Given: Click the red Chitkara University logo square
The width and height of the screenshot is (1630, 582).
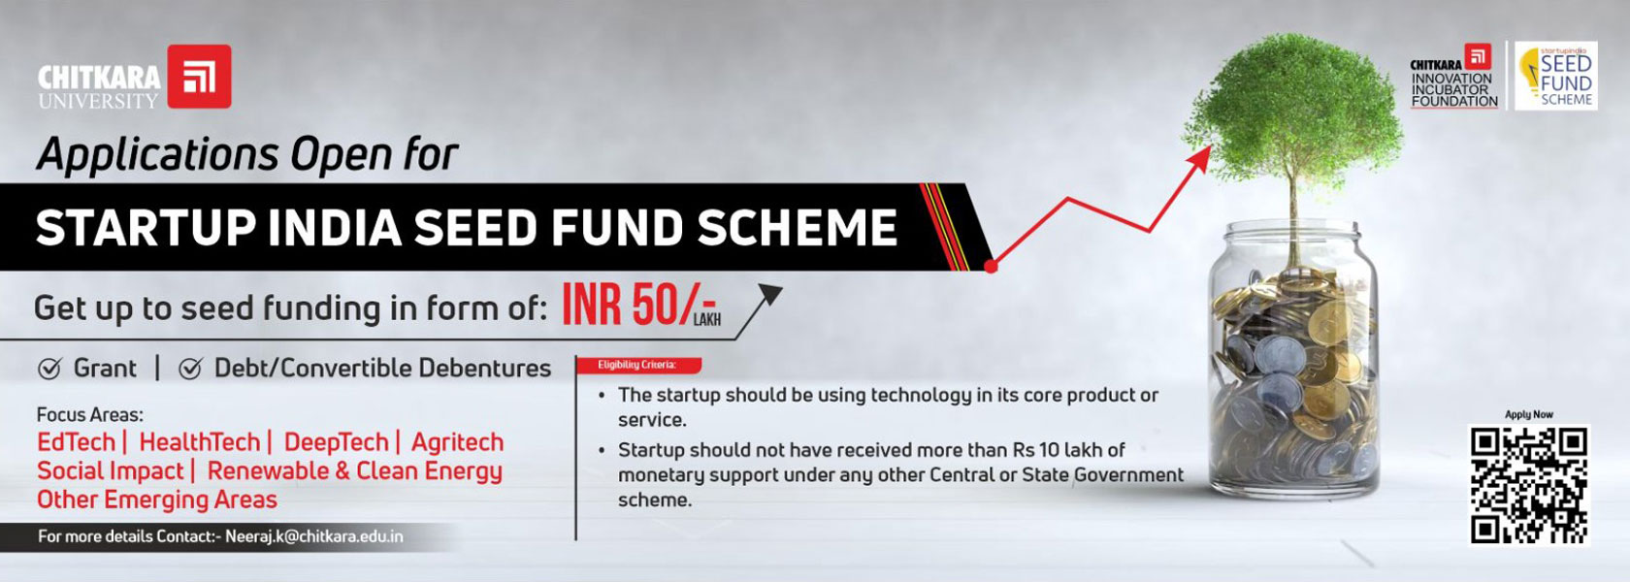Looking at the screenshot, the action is (x=200, y=77).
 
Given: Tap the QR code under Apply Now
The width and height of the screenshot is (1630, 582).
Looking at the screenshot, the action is (x=1529, y=485).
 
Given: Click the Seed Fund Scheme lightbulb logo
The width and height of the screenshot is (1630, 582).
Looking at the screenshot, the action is (x=1556, y=76).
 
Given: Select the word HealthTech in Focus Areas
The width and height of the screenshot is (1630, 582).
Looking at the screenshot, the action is (x=200, y=441).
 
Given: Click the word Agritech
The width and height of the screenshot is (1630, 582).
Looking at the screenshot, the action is (x=457, y=442).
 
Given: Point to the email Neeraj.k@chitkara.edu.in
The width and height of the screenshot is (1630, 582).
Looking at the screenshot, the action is (x=314, y=537).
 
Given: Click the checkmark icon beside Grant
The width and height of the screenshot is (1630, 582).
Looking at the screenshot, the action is (x=49, y=369).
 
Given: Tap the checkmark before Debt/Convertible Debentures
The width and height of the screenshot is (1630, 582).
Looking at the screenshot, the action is (x=190, y=369).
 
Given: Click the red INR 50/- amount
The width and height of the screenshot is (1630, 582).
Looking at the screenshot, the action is (x=639, y=305).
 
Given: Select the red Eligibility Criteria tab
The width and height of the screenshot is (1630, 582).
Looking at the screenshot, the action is (x=638, y=365).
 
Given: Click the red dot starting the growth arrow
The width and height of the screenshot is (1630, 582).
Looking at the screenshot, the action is (x=991, y=266).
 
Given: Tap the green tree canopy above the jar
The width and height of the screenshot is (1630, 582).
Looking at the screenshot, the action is (x=1291, y=108).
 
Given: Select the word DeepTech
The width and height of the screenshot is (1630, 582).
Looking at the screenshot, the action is (x=336, y=442).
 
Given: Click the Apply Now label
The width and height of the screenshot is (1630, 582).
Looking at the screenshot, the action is (x=1529, y=415).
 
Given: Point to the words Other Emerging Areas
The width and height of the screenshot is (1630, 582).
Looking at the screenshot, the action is (x=157, y=500).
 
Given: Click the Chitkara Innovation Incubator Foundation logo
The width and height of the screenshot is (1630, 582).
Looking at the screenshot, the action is (x=1453, y=77).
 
